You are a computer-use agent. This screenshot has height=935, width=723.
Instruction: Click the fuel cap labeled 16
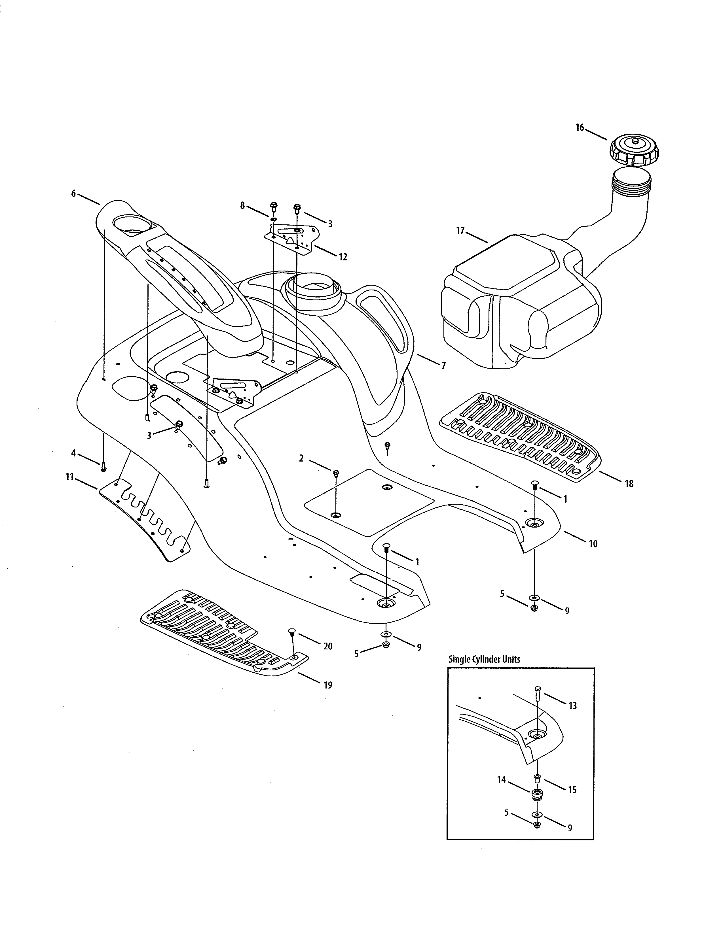click(634, 151)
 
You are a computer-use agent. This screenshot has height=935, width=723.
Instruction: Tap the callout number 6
click(73, 194)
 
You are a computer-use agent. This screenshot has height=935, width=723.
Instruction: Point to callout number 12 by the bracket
click(343, 257)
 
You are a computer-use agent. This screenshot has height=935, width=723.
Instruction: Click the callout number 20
click(328, 646)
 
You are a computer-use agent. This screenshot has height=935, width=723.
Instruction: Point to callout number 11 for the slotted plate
click(70, 477)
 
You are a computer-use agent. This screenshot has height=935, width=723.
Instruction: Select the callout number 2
click(301, 458)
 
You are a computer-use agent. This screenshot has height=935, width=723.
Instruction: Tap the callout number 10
click(593, 544)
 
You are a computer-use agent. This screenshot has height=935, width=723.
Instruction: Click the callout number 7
click(443, 365)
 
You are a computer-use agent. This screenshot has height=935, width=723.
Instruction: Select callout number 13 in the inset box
click(573, 705)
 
